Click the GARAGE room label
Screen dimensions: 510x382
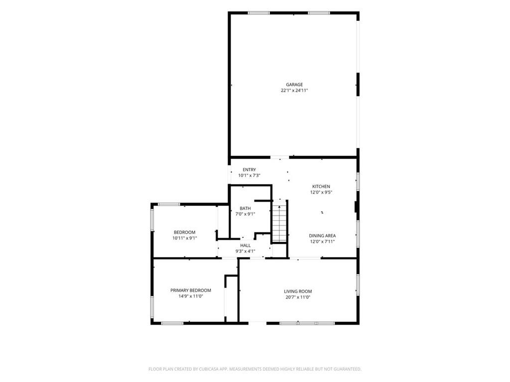click(x=294, y=85)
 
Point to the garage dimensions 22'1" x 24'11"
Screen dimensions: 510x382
click(x=294, y=91)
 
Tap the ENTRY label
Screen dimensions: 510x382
click(x=249, y=170)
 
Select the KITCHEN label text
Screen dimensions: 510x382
click(x=321, y=187)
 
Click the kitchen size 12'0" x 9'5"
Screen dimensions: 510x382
click(x=321, y=192)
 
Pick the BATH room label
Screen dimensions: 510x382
click(x=245, y=208)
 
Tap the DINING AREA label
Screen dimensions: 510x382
click(x=322, y=236)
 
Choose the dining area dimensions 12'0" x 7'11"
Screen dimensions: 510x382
click(x=322, y=242)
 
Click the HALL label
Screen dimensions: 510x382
click(x=246, y=246)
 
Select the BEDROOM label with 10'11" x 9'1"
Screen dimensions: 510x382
click(x=184, y=232)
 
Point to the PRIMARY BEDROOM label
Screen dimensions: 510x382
click(x=191, y=290)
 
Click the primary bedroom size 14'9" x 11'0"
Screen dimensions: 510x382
click(x=191, y=296)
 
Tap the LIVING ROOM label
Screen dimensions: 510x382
click(x=298, y=291)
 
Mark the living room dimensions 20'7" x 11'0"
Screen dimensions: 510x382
click(x=298, y=297)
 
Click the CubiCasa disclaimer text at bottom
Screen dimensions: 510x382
click(x=255, y=369)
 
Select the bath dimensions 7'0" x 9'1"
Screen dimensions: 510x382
click(x=245, y=214)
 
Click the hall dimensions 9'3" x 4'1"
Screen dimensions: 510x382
click(x=246, y=251)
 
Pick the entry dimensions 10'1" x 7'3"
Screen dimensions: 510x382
click(x=249, y=176)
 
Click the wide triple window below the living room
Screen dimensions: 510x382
click(x=307, y=323)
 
